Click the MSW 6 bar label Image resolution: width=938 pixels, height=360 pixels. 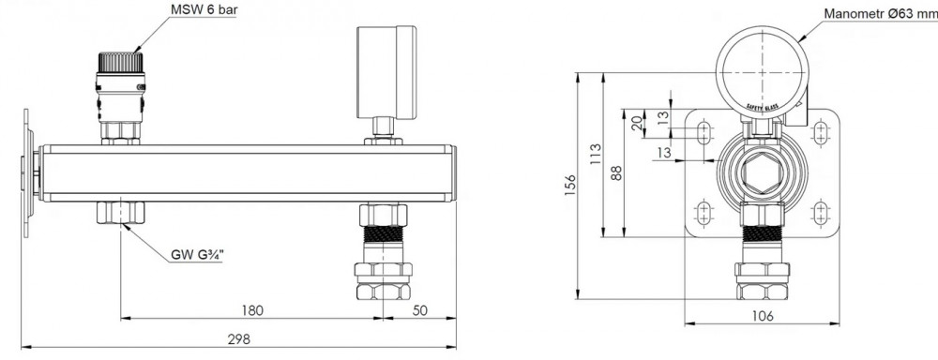click(x=204, y=10)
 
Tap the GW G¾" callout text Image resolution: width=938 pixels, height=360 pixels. click(x=197, y=255)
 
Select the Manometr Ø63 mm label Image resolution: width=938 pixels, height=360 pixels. click(x=881, y=13)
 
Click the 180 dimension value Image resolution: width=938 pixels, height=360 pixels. click(x=251, y=310)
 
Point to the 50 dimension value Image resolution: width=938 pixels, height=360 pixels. click(x=420, y=310)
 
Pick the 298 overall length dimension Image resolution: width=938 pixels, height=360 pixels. click(x=238, y=339)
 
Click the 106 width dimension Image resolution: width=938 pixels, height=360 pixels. click(x=762, y=316)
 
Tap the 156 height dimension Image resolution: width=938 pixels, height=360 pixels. click(x=570, y=186)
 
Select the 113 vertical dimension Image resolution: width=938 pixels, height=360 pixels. click(x=596, y=155)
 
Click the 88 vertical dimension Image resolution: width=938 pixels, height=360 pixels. click(x=617, y=172)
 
